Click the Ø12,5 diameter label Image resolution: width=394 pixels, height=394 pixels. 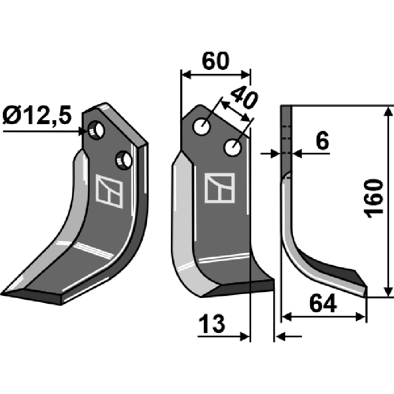(x=37, y=117)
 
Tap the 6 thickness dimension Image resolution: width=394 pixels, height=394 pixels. (x=321, y=142)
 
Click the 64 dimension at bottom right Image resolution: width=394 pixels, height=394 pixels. (x=323, y=305)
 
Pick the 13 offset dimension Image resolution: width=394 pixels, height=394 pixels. (x=213, y=325)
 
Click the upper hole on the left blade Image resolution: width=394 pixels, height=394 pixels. (x=97, y=130)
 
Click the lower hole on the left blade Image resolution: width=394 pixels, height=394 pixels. (x=124, y=160)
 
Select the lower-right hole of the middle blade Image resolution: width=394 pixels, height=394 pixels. (x=233, y=147)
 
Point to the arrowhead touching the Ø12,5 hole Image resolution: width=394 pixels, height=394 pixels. (x=83, y=131)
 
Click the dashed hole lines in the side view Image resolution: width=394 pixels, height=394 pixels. (x=287, y=133)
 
